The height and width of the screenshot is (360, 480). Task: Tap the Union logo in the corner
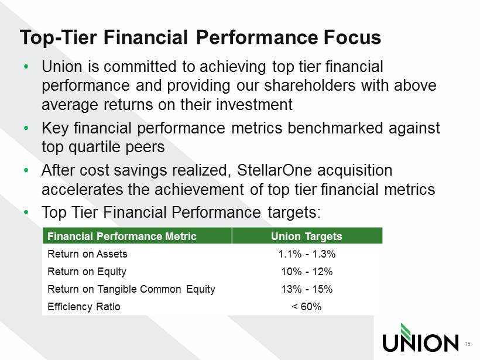coord(420,338)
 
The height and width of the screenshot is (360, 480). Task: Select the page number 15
coord(468,344)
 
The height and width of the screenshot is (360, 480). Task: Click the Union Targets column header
coord(306,236)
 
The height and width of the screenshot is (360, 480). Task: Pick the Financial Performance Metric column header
coord(122,236)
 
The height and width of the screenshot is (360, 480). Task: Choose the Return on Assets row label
coord(87,254)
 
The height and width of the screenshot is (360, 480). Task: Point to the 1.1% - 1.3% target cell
coord(307,254)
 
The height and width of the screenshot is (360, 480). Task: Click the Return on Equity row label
coord(87,272)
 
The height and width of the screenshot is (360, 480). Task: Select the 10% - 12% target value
coord(307,272)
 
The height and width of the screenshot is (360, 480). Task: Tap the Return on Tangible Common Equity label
coord(131,289)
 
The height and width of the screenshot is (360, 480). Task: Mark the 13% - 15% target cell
coord(307,289)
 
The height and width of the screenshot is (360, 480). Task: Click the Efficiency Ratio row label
coord(84,306)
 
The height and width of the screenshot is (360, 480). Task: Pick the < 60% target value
coord(307,306)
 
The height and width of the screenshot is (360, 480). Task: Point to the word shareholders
coord(310,85)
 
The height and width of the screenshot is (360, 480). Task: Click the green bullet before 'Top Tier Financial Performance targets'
coord(26,212)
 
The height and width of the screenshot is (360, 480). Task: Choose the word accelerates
coord(82,189)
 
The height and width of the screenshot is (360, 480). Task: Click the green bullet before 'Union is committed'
coord(26,66)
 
